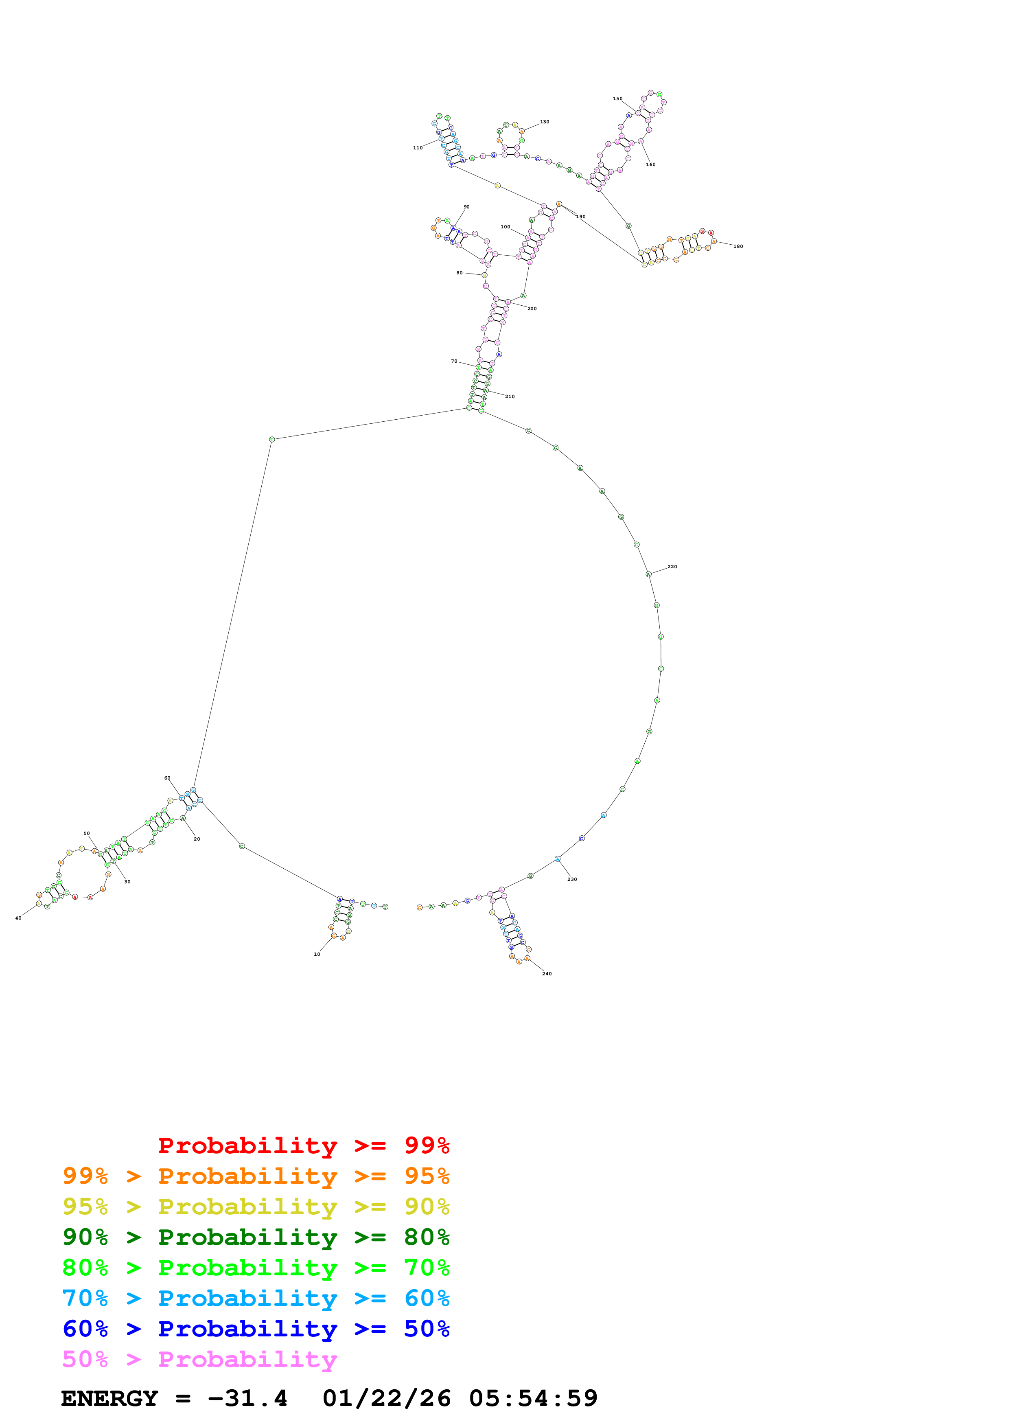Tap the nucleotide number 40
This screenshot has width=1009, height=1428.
coord(18,918)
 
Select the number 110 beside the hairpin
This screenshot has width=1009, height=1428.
coord(418,148)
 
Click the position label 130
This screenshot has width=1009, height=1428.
coord(545,122)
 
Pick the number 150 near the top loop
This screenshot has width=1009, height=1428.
coord(617,99)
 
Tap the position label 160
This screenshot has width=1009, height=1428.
coord(650,165)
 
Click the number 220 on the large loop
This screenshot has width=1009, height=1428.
coord(672,567)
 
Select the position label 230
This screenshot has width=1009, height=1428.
coord(572,879)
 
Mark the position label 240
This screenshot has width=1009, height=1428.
coord(547,974)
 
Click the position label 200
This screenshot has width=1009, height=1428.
coord(532,309)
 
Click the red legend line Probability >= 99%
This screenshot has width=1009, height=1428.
coord(303,1145)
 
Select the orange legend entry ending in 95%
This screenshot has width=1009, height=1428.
coord(256,1176)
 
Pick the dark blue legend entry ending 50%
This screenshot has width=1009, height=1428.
coord(256,1329)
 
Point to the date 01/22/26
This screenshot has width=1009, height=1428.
coord(386,1399)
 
